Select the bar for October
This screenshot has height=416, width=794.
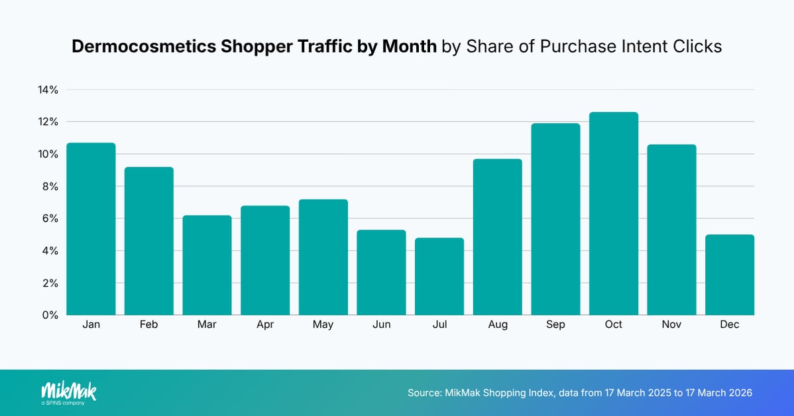[614, 214]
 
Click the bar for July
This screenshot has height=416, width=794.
[439, 276]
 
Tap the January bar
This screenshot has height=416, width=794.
[91, 229]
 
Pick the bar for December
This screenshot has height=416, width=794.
[730, 275]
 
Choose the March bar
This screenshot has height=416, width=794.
[207, 265]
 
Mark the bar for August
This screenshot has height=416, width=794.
[497, 237]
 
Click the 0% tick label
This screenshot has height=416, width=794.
[50, 315]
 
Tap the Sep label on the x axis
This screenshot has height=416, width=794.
[555, 325]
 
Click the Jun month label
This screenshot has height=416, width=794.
[381, 325]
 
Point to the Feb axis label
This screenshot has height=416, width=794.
[148, 325]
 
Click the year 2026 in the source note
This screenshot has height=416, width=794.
[739, 393]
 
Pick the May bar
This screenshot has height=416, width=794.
[323, 257]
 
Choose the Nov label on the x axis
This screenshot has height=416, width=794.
[671, 325]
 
